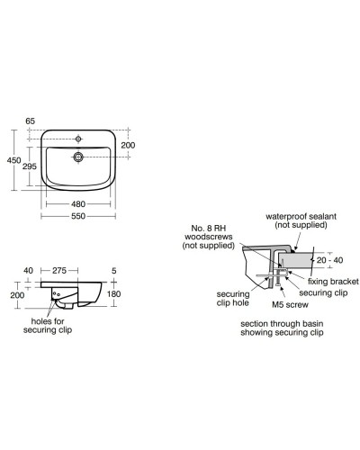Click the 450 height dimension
(13, 159)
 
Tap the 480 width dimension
(77, 203)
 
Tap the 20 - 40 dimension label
(328, 260)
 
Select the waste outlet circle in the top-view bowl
(77, 157)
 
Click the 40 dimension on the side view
(29, 269)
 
